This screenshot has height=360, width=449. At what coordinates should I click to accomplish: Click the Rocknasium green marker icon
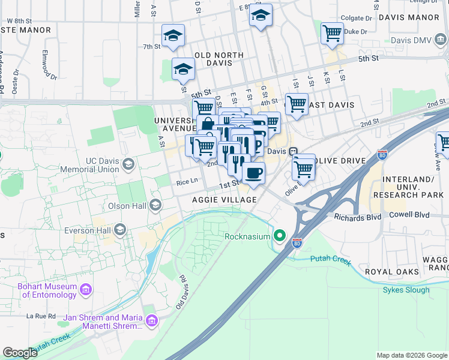click(279, 236)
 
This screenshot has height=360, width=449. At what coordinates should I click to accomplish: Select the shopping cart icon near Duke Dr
click(332, 33)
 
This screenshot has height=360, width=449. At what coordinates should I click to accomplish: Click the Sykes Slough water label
click(406, 290)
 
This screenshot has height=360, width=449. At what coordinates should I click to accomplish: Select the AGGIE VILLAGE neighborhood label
click(224, 200)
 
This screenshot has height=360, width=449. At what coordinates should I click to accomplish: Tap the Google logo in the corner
click(20, 353)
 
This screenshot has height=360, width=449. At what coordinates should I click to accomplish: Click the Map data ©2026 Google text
click(411, 355)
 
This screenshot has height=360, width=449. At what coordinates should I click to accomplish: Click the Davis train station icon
click(293, 151)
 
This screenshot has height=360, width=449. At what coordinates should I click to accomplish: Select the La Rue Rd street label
click(41, 316)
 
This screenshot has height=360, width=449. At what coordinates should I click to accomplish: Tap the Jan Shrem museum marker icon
click(150, 322)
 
